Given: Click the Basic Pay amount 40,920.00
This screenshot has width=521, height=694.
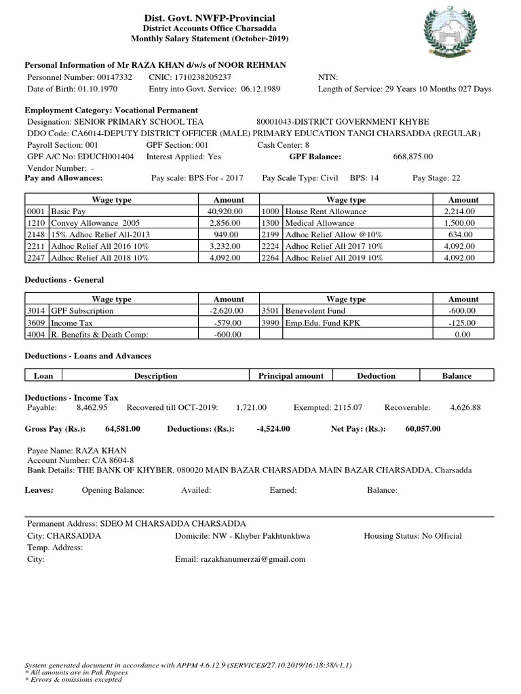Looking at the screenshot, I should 228,211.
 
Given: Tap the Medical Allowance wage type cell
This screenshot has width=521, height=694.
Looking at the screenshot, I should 320,223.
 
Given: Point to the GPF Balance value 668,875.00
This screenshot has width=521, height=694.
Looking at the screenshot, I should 412,157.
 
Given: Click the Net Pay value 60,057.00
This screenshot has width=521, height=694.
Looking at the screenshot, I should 423,429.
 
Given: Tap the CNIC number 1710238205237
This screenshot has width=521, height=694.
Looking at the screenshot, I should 201,78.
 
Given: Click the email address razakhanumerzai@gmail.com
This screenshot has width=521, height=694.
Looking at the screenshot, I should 252,559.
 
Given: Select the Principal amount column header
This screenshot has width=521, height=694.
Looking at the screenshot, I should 291,375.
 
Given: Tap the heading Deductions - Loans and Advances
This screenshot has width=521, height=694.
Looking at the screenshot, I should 88,356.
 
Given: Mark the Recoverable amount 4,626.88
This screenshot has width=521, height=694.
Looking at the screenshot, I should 465,408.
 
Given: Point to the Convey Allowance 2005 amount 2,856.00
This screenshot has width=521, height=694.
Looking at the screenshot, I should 228,223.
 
